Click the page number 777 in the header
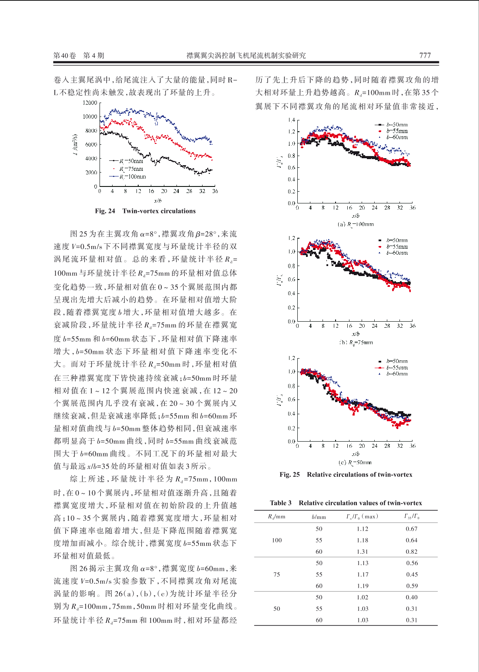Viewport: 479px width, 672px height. (425, 55)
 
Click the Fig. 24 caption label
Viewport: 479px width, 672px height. (105, 211)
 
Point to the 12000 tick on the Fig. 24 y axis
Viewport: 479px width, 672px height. (90, 103)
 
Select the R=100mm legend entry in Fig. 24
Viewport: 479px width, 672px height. (128, 177)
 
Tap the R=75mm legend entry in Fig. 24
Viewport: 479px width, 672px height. (128, 169)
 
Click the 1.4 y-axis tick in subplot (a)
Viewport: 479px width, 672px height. (291, 120)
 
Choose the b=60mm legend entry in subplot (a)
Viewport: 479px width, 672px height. (393, 137)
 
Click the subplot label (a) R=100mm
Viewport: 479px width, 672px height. (356, 224)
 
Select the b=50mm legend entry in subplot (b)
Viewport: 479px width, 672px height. (393, 240)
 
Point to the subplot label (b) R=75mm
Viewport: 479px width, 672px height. (356, 342)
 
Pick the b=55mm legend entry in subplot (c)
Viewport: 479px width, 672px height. (392, 367)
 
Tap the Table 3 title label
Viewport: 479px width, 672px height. (280, 503)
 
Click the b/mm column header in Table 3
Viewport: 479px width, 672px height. (319, 516)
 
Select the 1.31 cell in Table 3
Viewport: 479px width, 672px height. (363, 552)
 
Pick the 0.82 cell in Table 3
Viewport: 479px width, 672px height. (412, 552)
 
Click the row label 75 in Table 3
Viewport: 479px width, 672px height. (276, 574)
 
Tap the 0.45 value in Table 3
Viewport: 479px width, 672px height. (412, 574)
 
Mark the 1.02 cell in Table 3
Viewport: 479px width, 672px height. (363, 597)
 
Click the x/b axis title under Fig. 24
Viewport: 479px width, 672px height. (158, 200)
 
